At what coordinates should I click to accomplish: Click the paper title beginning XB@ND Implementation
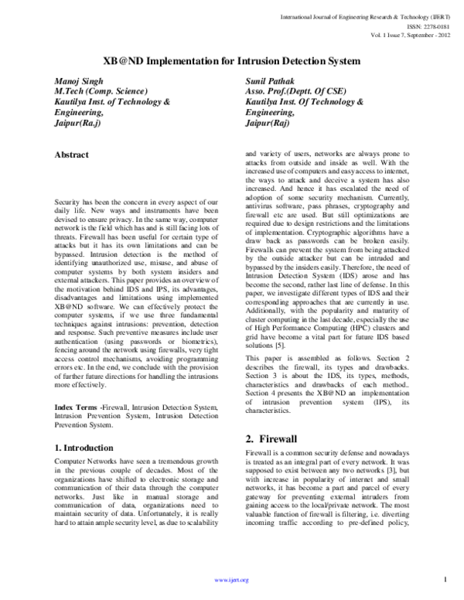point(231,59)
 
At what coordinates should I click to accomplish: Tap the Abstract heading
point(77,155)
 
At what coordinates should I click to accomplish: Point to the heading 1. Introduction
point(87,447)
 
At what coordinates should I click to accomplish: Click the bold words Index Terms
point(77,407)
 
